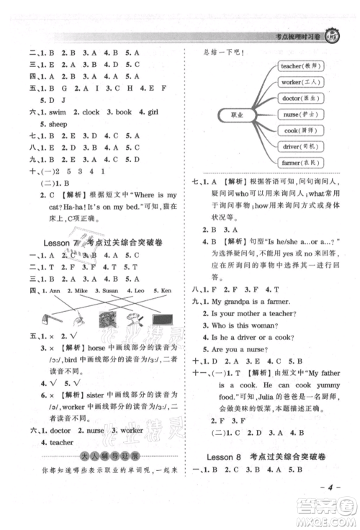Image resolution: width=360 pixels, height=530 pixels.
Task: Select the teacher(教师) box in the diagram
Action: [x=301, y=66]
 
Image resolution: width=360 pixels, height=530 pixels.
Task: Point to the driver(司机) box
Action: [x=301, y=147]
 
